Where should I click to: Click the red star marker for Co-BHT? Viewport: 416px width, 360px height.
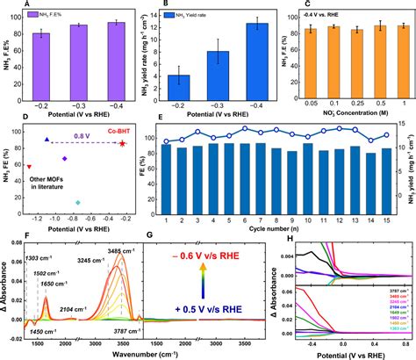123,142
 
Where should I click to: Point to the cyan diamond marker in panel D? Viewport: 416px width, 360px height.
78,203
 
